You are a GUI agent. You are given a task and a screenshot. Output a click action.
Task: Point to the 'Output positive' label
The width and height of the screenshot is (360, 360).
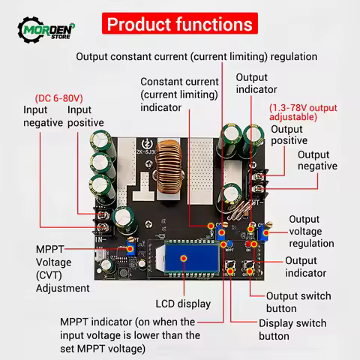[288, 135]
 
